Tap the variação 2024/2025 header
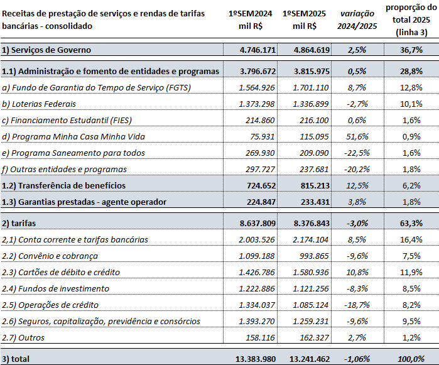point(359,19)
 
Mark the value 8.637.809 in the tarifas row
point(250,223)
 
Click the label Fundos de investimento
point(57,288)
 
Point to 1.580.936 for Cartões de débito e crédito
point(309,272)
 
